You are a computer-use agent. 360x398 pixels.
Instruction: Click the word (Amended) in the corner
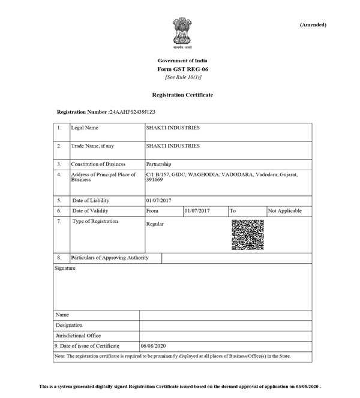pos(313,25)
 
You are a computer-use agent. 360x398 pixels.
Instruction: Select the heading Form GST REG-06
pos(182,70)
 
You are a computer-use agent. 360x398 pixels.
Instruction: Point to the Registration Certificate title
pos(182,95)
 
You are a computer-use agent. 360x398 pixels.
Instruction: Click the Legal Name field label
pos(85,128)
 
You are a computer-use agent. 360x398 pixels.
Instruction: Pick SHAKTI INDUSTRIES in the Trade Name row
pos(173,146)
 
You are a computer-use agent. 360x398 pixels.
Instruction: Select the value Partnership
pos(159,164)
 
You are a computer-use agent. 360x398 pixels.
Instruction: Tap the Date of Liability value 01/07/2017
pos(158,200)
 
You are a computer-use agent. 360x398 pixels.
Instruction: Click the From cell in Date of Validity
pos(152,211)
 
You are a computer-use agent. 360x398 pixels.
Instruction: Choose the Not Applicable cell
pos(285,211)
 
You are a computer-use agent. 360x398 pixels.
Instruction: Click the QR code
pos(248,234)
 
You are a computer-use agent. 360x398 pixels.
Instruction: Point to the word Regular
pos(155,224)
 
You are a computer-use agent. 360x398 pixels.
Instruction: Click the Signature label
pos(65,269)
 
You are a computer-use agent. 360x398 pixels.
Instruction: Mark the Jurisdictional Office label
pos(78,336)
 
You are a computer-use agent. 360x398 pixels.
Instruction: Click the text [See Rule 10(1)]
pos(182,77)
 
